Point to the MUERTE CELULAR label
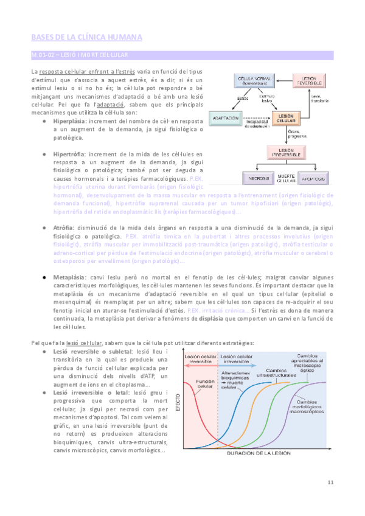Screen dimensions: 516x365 click(x=285, y=178)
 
